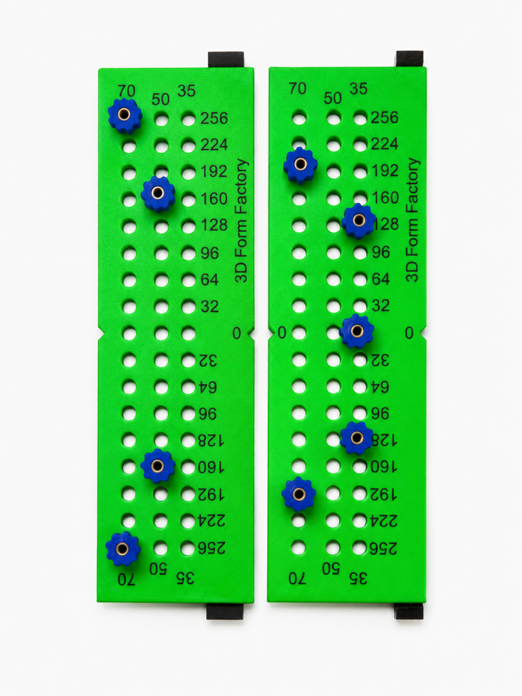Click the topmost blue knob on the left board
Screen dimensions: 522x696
(x=125, y=116)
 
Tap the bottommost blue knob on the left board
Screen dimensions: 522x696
(x=123, y=549)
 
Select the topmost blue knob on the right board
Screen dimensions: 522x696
(x=300, y=164)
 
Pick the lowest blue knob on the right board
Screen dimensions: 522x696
(x=299, y=494)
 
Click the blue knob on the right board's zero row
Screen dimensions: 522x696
(x=356, y=331)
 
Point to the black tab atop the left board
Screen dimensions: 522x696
(x=226, y=60)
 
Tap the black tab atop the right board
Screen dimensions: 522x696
(x=409, y=58)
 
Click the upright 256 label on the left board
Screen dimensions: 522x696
(x=214, y=118)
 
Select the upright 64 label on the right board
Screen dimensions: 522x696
(x=381, y=279)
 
